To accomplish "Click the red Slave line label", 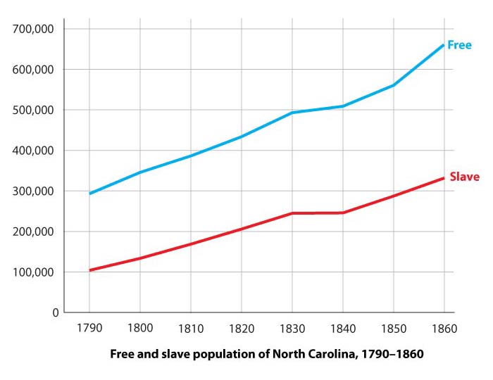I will point(464,177).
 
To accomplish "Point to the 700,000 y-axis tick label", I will point(35,30).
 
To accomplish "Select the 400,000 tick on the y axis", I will point(35,151).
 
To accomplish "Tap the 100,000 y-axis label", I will point(35,272).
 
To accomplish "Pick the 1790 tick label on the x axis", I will point(89,328).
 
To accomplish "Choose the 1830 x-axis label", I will point(292,328).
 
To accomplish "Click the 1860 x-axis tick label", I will point(444,328).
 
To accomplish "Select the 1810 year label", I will point(191,328).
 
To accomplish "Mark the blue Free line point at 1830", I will point(292,113).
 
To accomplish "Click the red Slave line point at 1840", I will point(343,213).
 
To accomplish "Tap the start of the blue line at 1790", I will point(89,194).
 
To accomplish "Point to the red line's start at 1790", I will point(89,270).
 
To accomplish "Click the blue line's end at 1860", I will point(444,45).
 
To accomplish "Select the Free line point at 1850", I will point(394,85).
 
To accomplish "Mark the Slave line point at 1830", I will point(292,213).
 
